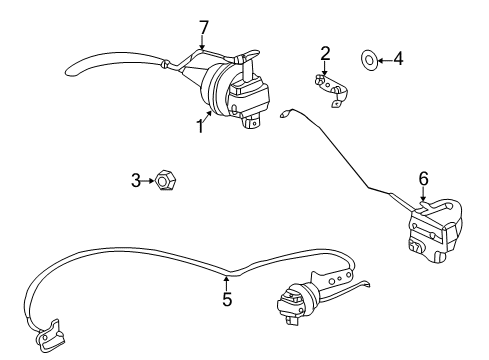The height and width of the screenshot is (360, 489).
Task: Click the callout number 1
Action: (x=200, y=127)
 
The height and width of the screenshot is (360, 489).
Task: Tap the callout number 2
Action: (x=325, y=52)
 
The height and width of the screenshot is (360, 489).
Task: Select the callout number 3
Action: (x=137, y=181)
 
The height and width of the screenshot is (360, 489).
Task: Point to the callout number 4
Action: (x=398, y=60)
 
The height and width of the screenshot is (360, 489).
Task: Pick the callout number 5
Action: (x=227, y=298)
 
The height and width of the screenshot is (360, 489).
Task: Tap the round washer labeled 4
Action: (x=368, y=61)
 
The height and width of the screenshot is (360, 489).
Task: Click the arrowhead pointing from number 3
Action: (x=150, y=181)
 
